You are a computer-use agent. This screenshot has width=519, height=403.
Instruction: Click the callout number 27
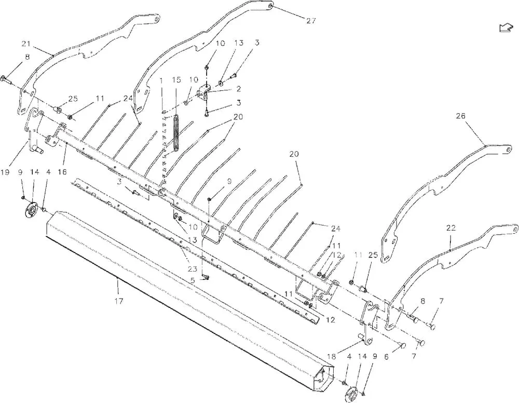pyautogui.click(x=311, y=21)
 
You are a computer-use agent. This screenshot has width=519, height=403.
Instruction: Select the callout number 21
pyautogui.click(x=26, y=44)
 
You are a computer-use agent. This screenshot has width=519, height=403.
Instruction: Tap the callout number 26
pyautogui.click(x=460, y=116)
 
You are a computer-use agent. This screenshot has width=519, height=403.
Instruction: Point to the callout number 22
pyautogui.click(x=451, y=228)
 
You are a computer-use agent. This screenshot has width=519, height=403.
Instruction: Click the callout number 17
pyautogui.click(x=119, y=301)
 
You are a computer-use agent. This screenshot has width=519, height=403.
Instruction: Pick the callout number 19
pyautogui.click(x=5, y=172)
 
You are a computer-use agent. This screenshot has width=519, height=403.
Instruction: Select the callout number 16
pyautogui.click(x=62, y=172)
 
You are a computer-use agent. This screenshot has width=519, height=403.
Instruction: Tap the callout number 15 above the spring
pyautogui.click(x=177, y=79)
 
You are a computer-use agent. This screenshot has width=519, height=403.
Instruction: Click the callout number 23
pyautogui.click(x=193, y=269)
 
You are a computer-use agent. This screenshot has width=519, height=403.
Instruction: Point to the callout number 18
pyautogui.click(x=332, y=356)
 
